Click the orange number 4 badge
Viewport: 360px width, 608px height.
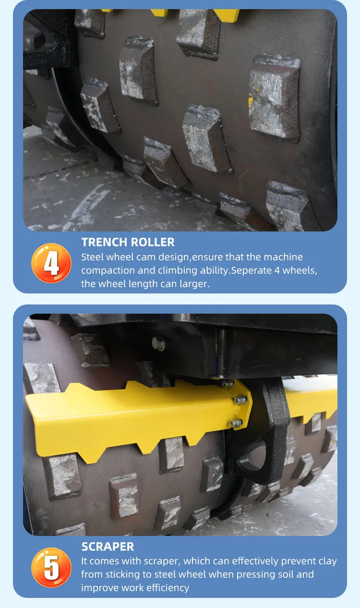click(51, 263)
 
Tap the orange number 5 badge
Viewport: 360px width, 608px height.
click(51, 567)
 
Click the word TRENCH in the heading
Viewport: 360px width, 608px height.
click(104, 242)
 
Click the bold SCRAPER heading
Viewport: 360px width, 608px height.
click(108, 547)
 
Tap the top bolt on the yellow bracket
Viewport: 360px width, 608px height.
click(228, 383)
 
